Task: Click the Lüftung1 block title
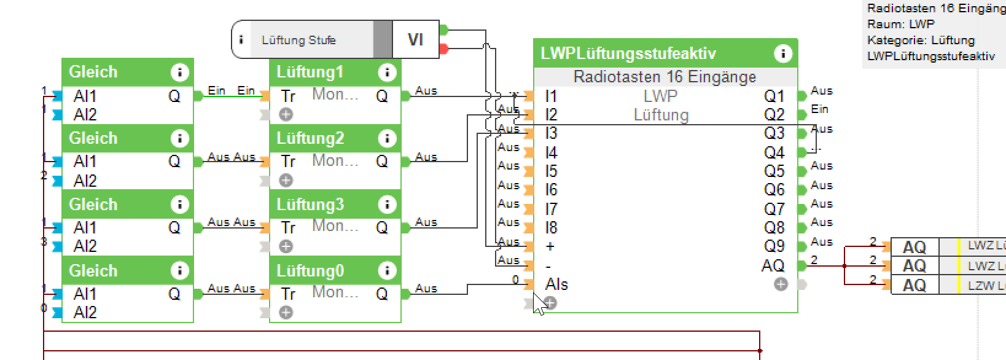pyautogui.click(x=310, y=72)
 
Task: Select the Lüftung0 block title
pyautogui.click(x=310, y=271)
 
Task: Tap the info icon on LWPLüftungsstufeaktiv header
pyautogui.click(x=782, y=53)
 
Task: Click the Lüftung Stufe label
pyautogui.click(x=298, y=41)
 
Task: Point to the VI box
pyautogui.click(x=415, y=40)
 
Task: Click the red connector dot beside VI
pyautogui.click(x=444, y=49)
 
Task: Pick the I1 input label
pyautogui.click(x=550, y=96)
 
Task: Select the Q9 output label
pyautogui.click(x=774, y=246)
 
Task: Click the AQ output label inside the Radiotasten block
pyautogui.click(x=773, y=265)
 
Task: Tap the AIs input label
pyautogui.click(x=556, y=284)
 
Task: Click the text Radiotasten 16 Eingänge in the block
pyautogui.click(x=665, y=77)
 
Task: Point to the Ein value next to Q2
pyautogui.click(x=819, y=109)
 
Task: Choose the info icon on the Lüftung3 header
pyautogui.click(x=386, y=205)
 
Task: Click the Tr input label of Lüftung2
pyautogui.click(x=288, y=162)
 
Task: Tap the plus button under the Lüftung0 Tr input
pyautogui.click(x=286, y=313)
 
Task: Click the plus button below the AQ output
pyautogui.click(x=781, y=284)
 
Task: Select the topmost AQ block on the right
pyautogui.click(x=914, y=247)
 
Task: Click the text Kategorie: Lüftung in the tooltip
pyautogui.click(x=921, y=41)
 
